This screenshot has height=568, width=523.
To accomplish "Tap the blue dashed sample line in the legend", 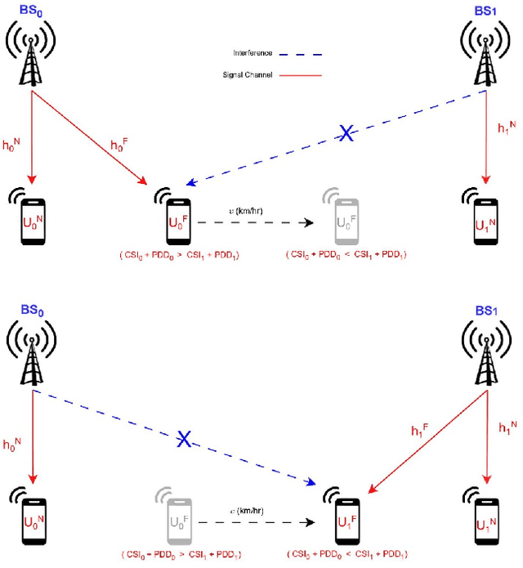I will [302, 55].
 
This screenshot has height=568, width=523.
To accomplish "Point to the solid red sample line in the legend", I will [302, 75].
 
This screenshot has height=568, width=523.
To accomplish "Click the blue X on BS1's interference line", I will [346, 134].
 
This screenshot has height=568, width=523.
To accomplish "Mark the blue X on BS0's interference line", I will [185, 440].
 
